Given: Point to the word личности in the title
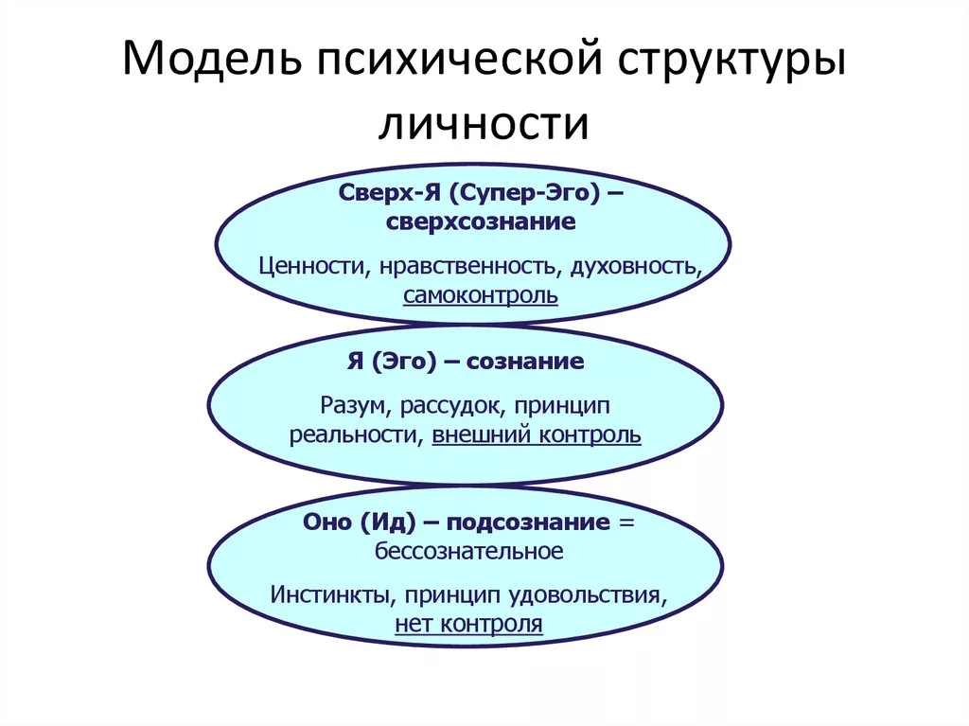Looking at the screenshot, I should [484, 123].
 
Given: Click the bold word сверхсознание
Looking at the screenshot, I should [481, 223].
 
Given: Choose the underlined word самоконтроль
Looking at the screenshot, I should [481, 295].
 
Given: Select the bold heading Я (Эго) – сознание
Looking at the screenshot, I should [465, 362].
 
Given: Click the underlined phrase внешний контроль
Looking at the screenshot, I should [537, 435].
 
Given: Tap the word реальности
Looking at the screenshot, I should [357, 435].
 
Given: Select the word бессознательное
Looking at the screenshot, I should [469, 550].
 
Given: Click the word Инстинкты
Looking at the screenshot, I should [327, 596].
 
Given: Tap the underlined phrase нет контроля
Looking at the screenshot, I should [468, 624].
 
